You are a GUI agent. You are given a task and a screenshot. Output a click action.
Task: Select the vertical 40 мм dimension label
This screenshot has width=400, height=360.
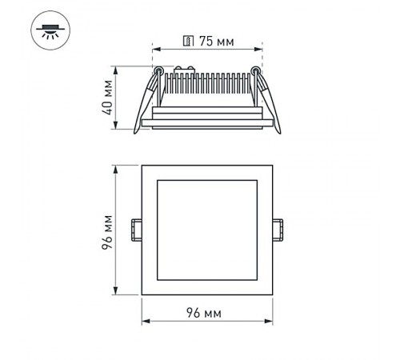(x=106, y=97)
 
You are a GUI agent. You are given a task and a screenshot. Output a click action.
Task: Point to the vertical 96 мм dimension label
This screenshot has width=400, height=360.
(x=106, y=230)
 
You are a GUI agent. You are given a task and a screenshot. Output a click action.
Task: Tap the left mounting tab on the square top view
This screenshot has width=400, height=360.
(x=136, y=230)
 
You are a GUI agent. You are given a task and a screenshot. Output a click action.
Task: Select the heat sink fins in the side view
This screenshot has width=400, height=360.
(x=208, y=84)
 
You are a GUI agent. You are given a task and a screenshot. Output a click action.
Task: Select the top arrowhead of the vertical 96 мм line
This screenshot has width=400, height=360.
(x=117, y=168)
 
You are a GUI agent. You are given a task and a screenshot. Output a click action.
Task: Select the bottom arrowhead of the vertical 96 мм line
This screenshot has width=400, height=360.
(x=117, y=292)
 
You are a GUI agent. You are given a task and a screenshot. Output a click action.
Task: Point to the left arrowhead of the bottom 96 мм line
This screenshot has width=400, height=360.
(x=145, y=322)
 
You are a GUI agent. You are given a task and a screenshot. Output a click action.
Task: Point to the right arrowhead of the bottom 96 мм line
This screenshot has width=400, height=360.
(x=269, y=322)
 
